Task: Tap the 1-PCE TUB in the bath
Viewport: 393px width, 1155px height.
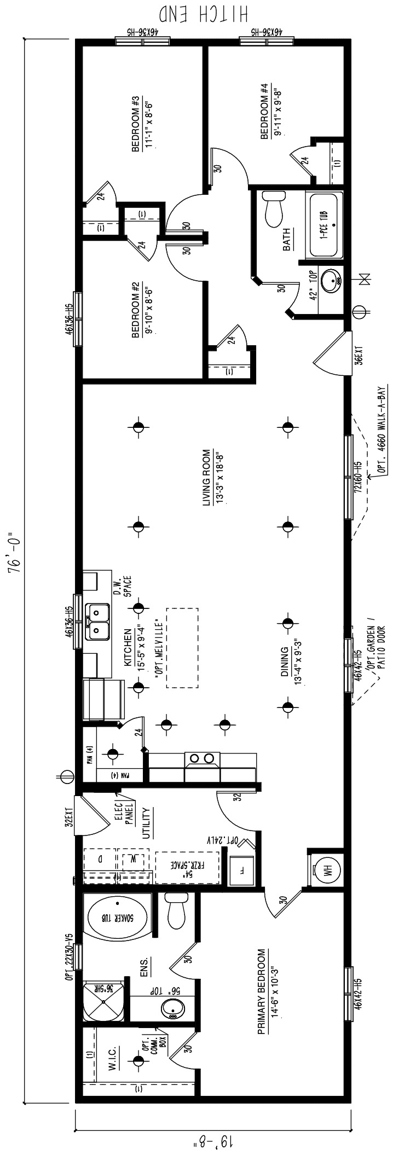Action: coord(326,224)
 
